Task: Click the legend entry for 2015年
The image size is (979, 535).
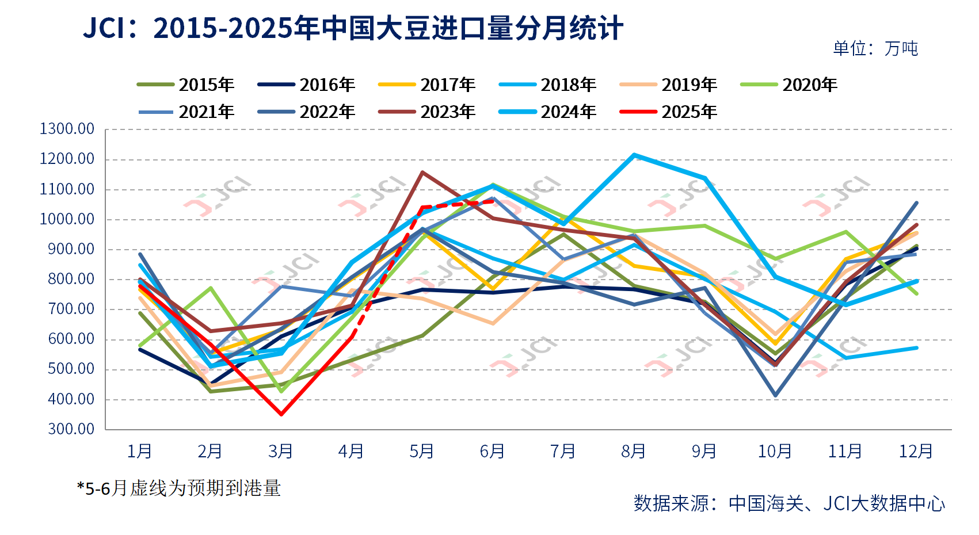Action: pos(186,85)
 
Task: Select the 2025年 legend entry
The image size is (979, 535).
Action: pos(669,112)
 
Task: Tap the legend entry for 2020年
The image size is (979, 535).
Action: pos(789,85)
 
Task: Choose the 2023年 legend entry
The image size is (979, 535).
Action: pos(427,112)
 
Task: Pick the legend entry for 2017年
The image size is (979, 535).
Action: pos(427,85)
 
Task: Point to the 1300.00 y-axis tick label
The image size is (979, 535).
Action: pos(67,129)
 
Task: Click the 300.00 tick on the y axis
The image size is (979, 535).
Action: pos(71,429)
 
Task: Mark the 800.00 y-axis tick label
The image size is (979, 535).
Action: pos(71,280)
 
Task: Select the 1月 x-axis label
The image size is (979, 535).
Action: pos(139,451)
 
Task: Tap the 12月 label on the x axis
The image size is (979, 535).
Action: pos(916,451)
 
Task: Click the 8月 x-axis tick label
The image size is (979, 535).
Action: pos(633,451)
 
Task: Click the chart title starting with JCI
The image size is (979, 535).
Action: pos(353,28)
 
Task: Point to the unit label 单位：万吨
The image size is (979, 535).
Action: pos(875,48)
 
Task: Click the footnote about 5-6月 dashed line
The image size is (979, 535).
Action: pos(179,488)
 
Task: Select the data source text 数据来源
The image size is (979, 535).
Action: pos(789,503)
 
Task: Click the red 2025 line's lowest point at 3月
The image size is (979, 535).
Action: pos(281,414)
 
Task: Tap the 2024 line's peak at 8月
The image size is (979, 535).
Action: pos(634,155)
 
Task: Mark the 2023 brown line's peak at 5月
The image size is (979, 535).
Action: pos(422,172)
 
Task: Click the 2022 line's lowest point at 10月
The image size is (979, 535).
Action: pos(775,396)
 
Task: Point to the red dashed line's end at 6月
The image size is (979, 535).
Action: pos(493,201)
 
